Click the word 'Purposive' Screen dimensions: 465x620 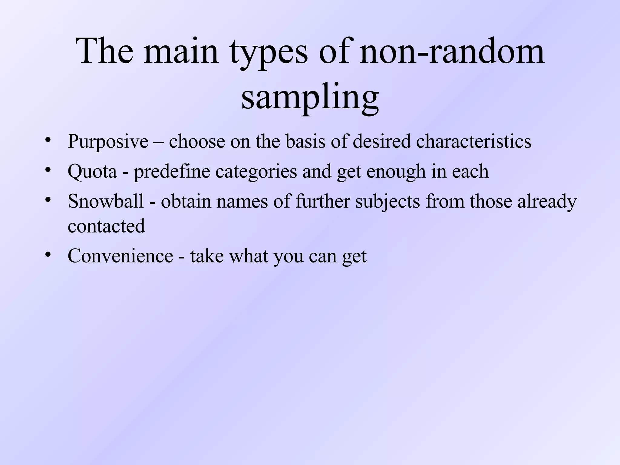tap(108, 141)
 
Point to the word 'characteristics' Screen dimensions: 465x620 tap(473, 141)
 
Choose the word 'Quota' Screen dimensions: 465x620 tap(92, 172)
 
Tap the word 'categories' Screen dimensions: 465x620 tap(256, 172)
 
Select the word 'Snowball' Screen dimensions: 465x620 tap(106, 201)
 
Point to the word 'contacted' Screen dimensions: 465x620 tap(106, 226)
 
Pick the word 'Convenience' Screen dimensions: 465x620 tap(120, 256)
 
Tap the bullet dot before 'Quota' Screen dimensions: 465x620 tap(47, 170)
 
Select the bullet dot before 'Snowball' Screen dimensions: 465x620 tap(47, 200)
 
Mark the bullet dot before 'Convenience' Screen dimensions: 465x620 tap(47, 255)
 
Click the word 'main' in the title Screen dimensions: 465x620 tap(181, 51)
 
